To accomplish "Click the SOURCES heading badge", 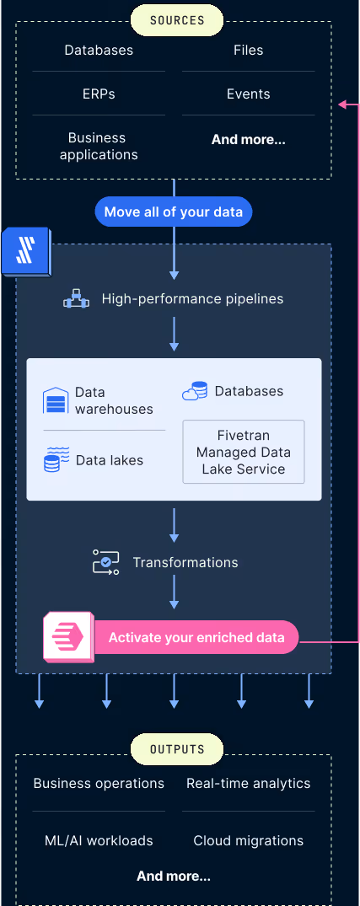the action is [177, 20].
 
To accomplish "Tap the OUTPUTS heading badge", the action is [177, 749].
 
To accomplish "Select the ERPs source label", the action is [99, 94].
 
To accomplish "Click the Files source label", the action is [249, 50].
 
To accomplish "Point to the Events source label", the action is [249, 94].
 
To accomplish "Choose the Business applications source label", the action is [99, 146].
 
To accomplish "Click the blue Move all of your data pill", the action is [174, 212].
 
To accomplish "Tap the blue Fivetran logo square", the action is [26, 252].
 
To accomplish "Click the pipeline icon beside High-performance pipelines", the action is [76, 299].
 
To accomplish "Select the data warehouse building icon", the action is [56, 399].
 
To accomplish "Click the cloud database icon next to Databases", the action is [195, 391].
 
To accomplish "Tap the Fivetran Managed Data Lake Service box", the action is [244, 452].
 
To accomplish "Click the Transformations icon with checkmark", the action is [105, 561].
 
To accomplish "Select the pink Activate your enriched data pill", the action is [196, 637].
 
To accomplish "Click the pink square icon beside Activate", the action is [68, 636].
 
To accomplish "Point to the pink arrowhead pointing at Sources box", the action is [342, 105].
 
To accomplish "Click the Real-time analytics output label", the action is [249, 784].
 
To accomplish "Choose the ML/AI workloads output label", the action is [99, 840].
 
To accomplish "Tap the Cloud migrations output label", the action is [249, 840].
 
